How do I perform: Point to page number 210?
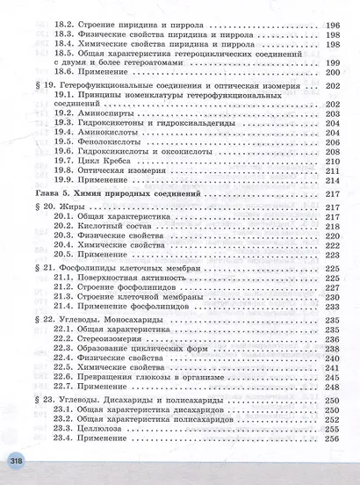332,163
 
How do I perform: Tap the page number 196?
332,26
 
